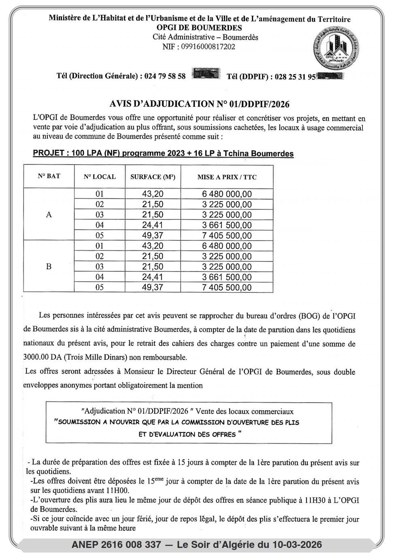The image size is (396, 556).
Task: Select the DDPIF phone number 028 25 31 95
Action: tap(295, 77)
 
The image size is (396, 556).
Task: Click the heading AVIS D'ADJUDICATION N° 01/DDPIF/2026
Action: tap(200, 104)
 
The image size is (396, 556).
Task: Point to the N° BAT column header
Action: tap(49, 176)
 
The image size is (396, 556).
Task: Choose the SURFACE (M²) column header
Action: tap(153, 177)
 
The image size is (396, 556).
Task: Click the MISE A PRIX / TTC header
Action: tap(227, 177)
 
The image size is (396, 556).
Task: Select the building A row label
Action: tap(49, 215)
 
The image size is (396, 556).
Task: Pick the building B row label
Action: tap(49, 267)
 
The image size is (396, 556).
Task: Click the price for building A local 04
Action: tap(227, 225)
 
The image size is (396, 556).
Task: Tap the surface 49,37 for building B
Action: tap(153, 288)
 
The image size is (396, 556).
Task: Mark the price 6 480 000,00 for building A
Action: tap(227, 194)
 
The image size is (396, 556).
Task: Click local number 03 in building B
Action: tap(100, 267)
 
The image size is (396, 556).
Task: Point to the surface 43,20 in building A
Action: tap(153, 194)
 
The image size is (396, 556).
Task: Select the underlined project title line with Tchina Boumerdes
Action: tap(163, 154)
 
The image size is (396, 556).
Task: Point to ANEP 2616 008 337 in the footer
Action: tap(116, 545)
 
